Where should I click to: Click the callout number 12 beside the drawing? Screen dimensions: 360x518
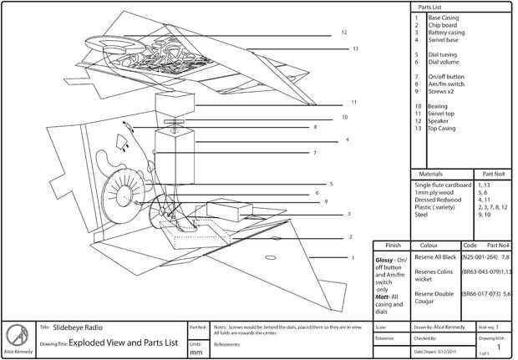(x=343, y=33)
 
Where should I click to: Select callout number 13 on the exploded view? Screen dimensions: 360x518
(x=355, y=48)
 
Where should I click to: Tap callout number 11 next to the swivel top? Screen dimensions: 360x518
(x=354, y=102)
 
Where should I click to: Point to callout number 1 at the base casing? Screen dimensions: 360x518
(x=353, y=258)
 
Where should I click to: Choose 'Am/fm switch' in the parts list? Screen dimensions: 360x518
(x=447, y=84)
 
